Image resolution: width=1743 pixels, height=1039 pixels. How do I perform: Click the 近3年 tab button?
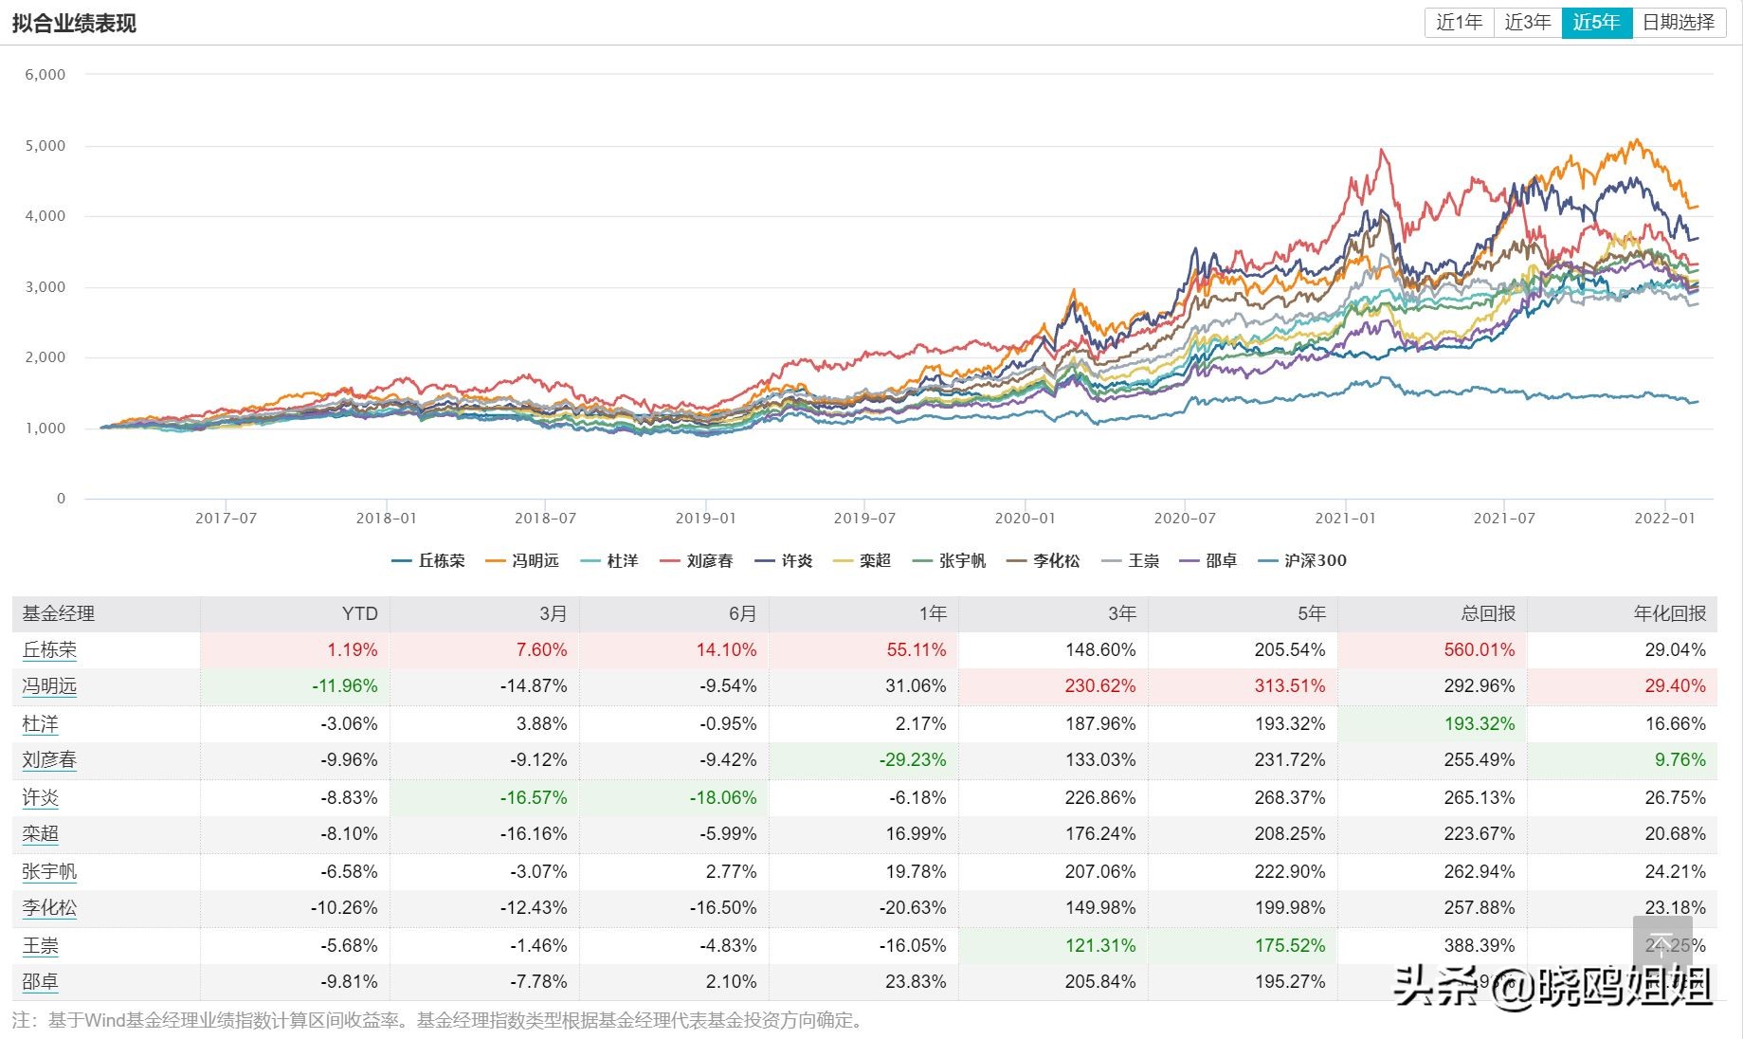(1527, 22)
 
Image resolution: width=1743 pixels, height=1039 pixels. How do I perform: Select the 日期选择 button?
(1678, 22)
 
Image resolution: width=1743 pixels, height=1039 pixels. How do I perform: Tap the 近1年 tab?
(1459, 22)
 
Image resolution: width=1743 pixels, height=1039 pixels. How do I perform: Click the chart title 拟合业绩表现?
(74, 23)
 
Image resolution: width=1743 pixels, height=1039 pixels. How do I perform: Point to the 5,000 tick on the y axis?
(45, 146)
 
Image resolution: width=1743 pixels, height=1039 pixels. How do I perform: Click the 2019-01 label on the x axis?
(705, 519)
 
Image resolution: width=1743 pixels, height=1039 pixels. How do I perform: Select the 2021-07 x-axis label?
(1504, 519)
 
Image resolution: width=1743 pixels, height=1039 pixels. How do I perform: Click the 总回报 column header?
(1488, 613)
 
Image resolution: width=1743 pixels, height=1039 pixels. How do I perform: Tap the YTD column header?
(359, 613)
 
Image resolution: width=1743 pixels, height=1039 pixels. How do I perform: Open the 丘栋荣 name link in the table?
(49, 650)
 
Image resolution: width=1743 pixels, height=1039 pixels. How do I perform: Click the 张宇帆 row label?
(49, 871)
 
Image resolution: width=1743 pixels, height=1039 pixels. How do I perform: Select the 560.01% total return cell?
(1479, 650)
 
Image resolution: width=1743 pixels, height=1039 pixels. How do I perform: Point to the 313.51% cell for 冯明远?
(1289, 686)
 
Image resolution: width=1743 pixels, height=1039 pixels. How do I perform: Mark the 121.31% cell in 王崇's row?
(1099, 946)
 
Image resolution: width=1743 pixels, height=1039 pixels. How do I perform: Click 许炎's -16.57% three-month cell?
(533, 798)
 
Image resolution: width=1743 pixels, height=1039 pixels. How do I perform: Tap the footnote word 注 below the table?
(21, 1021)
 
